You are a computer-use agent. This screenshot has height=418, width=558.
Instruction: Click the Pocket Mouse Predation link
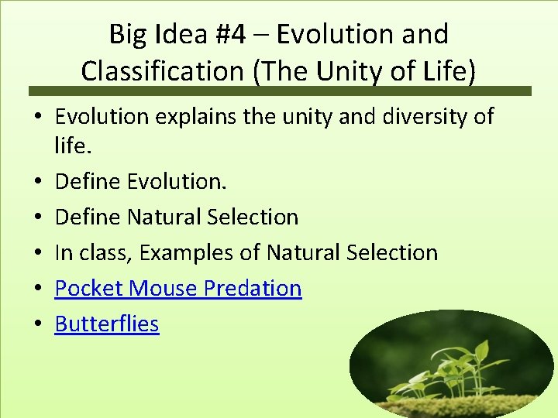[177, 288]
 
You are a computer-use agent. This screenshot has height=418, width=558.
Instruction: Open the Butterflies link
[106, 324]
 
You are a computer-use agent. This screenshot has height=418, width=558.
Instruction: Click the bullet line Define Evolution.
[140, 181]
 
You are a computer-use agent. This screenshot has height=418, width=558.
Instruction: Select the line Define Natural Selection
[176, 217]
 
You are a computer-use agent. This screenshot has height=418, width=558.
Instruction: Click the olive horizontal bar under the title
[279, 91]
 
